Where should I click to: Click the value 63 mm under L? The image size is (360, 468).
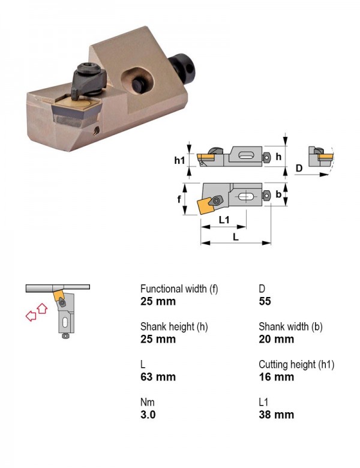point(158,377)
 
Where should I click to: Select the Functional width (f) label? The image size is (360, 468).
point(179,289)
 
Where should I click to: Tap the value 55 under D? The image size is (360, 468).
point(265,301)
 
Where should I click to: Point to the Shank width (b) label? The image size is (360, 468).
point(290,327)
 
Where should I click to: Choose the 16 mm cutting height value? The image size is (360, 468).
point(277,377)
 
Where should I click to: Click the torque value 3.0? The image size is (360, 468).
point(148,415)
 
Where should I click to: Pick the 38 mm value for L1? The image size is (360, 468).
point(277,415)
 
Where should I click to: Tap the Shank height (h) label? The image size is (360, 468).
point(174,327)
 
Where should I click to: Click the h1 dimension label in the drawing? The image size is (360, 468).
point(179,161)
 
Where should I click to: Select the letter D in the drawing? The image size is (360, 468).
point(299,169)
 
